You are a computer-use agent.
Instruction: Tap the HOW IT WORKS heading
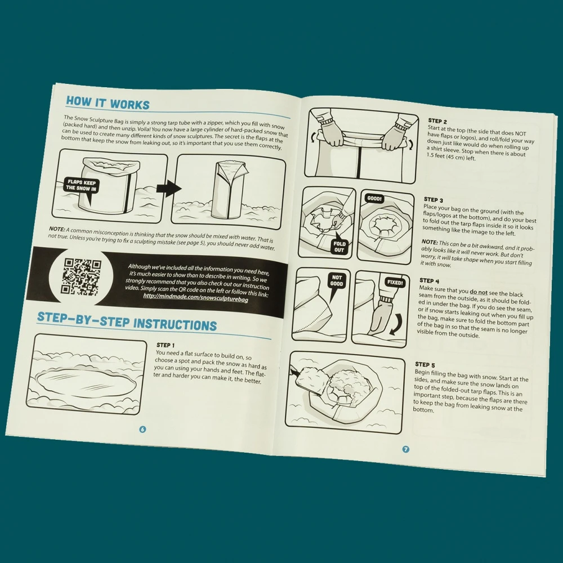[108, 102]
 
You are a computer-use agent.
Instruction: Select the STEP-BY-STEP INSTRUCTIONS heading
[127, 321]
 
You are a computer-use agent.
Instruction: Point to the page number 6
[142, 429]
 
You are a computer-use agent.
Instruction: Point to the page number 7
[405, 449]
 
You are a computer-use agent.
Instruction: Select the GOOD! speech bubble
[374, 199]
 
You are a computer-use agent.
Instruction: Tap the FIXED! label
[395, 283]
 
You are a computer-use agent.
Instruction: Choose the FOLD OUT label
[339, 247]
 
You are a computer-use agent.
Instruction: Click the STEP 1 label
[166, 345]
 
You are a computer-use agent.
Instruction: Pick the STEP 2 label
[437, 121]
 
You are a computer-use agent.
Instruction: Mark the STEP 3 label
[434, 200]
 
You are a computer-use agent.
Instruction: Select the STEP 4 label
[429, 280]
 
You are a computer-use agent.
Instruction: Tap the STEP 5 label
[425, 365]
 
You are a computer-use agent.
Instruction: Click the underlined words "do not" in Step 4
[479, 292]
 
